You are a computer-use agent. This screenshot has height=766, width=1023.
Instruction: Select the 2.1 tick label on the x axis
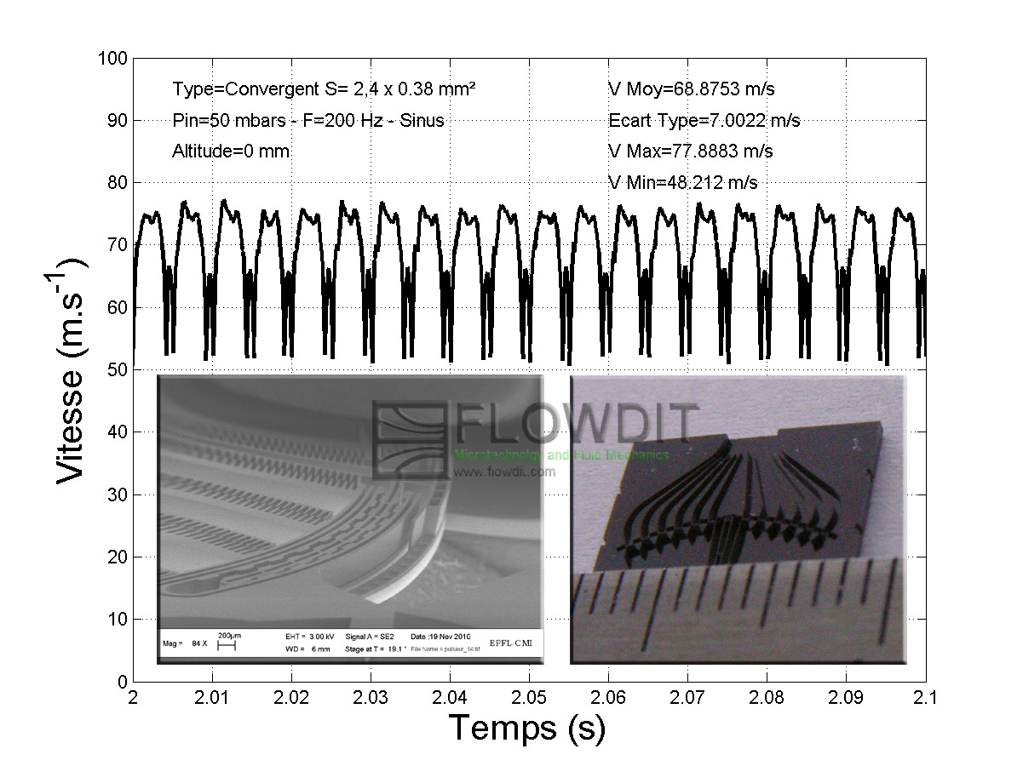point(925,697)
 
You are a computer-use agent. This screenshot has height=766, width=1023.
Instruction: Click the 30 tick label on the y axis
point(117,494)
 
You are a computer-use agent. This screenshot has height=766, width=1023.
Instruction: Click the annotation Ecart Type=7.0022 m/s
point(704,121)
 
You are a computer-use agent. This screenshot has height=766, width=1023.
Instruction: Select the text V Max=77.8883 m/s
point(690,151)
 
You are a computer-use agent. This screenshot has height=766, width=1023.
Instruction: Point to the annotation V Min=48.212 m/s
point(682,182)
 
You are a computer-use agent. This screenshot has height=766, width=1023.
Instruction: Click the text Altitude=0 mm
point(230,151)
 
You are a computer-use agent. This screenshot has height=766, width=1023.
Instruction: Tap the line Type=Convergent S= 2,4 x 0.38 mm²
point(324,89)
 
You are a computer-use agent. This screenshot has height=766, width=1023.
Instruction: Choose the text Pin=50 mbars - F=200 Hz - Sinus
point(307,121)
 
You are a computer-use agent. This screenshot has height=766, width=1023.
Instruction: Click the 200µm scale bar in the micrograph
point(226,644)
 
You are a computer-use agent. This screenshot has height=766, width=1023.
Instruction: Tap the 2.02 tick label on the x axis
point(290,697)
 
